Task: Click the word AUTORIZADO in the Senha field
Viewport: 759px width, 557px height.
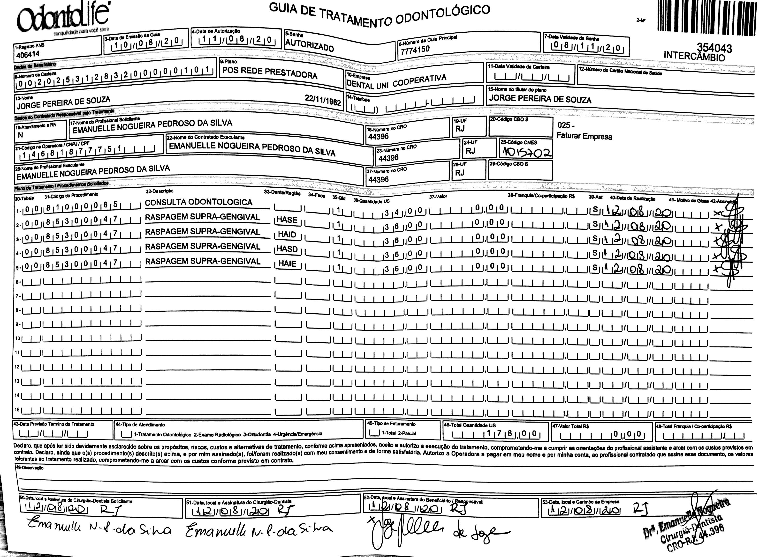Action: coord(309,45)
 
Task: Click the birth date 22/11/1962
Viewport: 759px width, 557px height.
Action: coord(323,100)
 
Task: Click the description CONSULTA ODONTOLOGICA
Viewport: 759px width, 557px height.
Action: coord(198,202)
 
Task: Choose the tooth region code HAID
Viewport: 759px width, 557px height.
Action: coord(287,235)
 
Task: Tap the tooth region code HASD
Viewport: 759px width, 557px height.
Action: coord(287,249)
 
